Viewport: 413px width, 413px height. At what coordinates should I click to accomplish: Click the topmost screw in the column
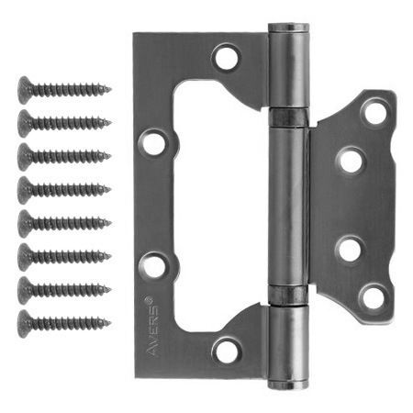64,90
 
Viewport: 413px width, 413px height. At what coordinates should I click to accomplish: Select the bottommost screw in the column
64,323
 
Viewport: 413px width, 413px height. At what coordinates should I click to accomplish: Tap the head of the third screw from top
25,157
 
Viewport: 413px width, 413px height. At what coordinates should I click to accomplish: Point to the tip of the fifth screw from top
111,223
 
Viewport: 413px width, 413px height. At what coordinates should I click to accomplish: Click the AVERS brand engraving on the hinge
152,326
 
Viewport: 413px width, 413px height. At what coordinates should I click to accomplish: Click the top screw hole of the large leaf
227,57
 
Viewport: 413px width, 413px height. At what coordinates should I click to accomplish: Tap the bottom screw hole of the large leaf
227,351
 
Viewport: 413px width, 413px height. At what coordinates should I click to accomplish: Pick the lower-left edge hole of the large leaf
153,265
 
